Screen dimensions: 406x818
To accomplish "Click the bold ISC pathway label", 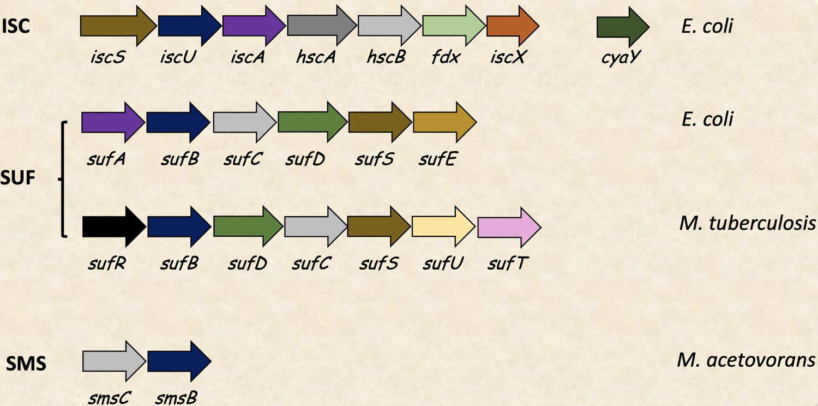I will [x=16, y=26].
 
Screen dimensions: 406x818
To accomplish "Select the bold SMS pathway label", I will [x=26, y=364].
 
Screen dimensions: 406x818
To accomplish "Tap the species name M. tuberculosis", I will [x=747, y=223].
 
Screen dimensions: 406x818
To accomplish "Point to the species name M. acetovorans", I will [x=746, y=360].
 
